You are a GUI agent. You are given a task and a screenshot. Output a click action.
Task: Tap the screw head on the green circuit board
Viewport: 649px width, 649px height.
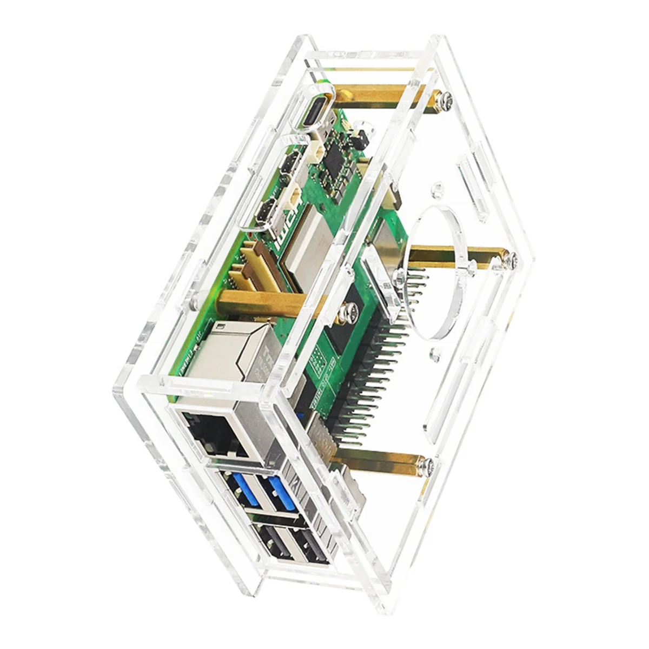pyautogui.click(x=344, y=313)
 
